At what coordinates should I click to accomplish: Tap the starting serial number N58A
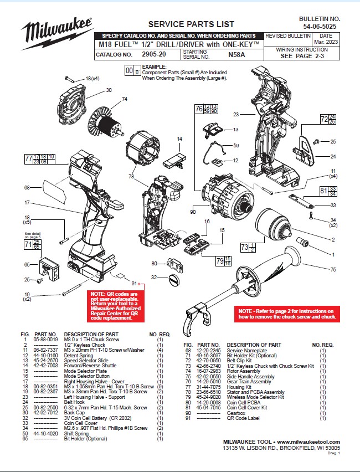tap(236, 55)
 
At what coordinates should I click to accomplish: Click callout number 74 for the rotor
tap(125, 99)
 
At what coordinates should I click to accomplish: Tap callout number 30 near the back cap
tap(109, 90)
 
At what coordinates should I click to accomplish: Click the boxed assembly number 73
tap(244, 247)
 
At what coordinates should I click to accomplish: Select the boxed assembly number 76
tap(199, 109)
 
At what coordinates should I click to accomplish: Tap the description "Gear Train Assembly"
tap(253, 382)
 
